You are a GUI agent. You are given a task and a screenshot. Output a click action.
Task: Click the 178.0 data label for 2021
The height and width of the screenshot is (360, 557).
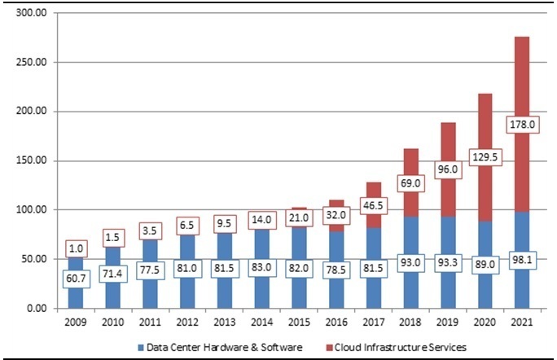click(522, 125)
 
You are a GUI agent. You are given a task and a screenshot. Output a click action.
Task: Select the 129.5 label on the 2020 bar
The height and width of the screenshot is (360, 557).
click(485, 157)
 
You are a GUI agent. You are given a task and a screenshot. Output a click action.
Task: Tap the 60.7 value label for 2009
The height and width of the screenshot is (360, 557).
click(76, 279)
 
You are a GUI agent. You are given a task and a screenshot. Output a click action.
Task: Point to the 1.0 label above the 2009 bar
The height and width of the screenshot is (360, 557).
click(76, 248)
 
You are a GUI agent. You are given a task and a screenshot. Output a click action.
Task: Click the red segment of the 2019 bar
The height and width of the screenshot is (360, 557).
click(448, 170)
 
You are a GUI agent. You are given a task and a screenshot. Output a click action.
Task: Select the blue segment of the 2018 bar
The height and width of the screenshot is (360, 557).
click(411, 262)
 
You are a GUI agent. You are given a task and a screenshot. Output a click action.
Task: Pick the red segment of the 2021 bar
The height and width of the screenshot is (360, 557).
click(522, 125)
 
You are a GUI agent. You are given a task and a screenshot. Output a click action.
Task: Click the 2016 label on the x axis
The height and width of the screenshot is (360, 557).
click(336, 323)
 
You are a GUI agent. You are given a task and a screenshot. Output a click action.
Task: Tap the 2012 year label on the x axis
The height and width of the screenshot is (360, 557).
click(187, 323)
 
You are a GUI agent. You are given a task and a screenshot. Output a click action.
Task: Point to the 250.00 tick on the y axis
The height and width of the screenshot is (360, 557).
click(31, 62)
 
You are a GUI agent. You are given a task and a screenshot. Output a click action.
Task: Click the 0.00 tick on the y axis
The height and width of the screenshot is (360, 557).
click(37, 308)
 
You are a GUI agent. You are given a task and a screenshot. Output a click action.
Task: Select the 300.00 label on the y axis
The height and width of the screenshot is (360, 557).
click(31, 13)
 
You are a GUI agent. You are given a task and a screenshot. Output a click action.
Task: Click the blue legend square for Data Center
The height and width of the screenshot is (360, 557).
click(141, 348)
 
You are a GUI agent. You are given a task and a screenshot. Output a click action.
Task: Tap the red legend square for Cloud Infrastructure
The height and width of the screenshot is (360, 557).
click(329, 348)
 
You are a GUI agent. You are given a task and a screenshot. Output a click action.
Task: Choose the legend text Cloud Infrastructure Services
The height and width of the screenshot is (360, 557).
click(401, 347)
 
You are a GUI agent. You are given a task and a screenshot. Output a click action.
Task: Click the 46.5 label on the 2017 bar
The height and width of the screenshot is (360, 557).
click(373, 206)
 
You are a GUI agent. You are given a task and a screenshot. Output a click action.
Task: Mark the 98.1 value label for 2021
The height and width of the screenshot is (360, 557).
click(522, 260)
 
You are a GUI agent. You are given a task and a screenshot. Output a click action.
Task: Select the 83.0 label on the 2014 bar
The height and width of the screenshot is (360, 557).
click(261, 267)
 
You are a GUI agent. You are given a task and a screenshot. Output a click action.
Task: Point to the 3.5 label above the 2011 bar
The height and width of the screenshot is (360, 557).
click(150, 231)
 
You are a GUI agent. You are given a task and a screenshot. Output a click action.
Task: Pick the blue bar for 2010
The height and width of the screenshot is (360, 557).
click(113, 278)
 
